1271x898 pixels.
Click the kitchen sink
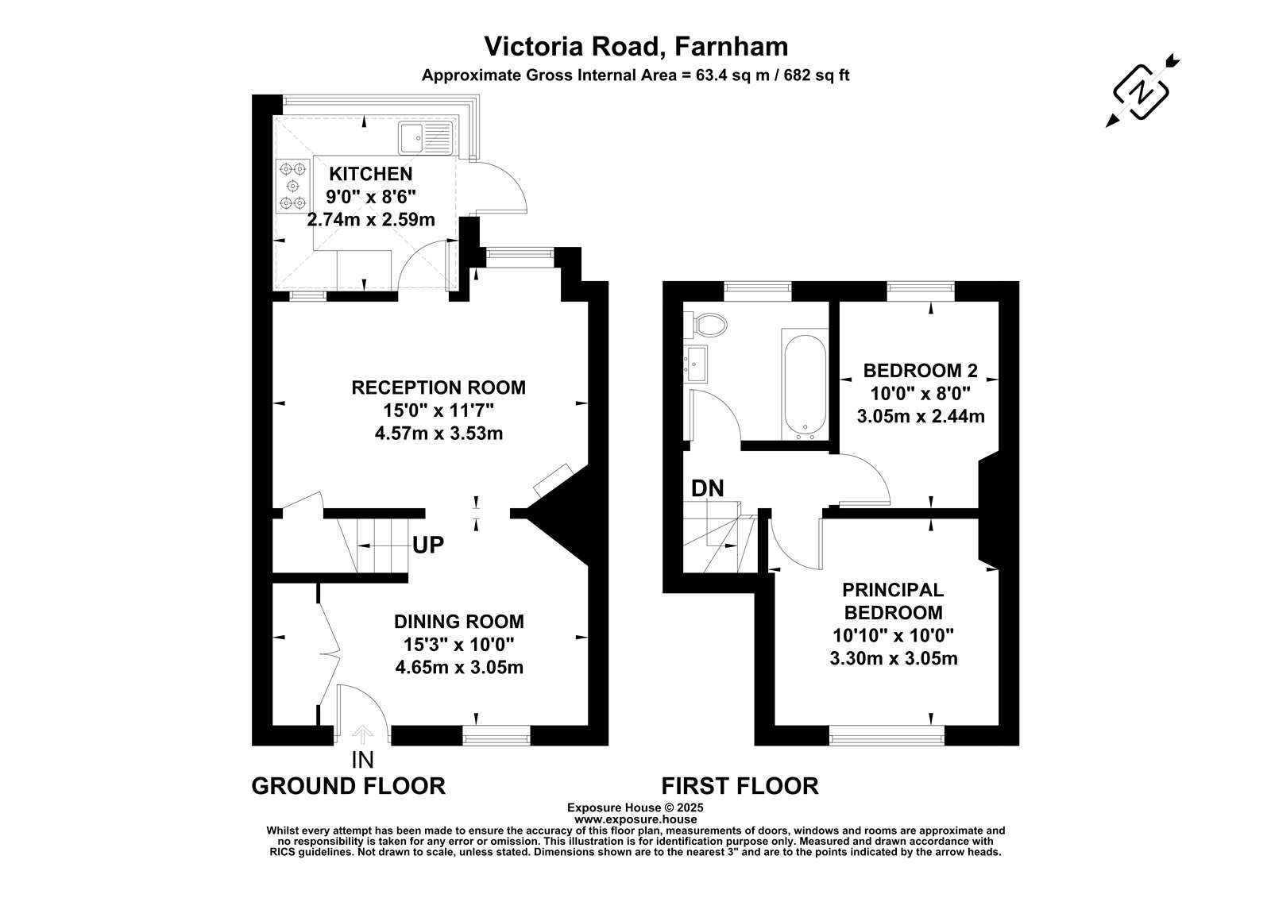click(x=425, y=137)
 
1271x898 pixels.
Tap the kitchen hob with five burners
click(x=293, y=186)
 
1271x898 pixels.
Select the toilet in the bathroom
click(x=705, y=325)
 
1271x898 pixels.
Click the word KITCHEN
click(x=370, y=174)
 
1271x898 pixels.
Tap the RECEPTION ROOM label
click(x=438, y=387)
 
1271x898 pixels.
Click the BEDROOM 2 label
click(x=921, y=371)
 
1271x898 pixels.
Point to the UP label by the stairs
click(x=428, y=545)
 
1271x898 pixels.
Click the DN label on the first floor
click(x=707, y=488)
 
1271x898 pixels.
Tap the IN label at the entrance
click(x=362, y=760)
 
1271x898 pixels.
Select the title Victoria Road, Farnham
click(x=635, y=47)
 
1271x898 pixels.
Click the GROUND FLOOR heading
click(x=349, y=786)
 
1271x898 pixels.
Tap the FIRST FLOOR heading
click(x=740, y=786)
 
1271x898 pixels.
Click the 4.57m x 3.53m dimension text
click(x=438, y=434)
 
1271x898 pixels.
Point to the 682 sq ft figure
click(x=817, y=75)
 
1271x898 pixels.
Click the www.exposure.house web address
click(x=635, y=819)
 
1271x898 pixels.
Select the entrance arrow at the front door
click(x=362, y=734)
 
